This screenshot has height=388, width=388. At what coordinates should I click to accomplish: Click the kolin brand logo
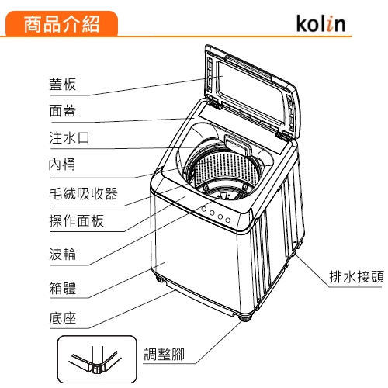(x=320, y=23)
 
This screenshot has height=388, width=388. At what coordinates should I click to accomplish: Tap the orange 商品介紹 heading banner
(x=61, y=23)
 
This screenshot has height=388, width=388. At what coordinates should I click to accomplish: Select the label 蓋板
(x=63, y=85)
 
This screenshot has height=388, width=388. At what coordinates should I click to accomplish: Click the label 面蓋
(x=63, y=111)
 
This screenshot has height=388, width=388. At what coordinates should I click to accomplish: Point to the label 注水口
(x=69, y=137)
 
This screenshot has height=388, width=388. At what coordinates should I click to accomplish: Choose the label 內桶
(x=62, y=165)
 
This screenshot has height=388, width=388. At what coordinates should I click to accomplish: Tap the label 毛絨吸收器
(x=84, y=193)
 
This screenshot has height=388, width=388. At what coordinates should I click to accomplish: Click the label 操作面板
(x=77, y=220)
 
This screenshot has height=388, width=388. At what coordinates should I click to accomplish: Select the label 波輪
(x=63, y=254)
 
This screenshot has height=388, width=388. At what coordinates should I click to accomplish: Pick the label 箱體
(x=63, y=288)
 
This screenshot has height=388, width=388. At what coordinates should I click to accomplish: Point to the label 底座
(x=63, y=318)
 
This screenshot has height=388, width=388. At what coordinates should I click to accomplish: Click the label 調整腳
(x=164, y=354)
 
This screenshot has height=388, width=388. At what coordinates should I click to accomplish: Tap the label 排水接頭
(x=357, y=277)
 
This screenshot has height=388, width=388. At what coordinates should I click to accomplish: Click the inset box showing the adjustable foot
(x=97, y=359)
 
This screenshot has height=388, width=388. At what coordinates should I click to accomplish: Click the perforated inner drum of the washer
(x=225, y=168)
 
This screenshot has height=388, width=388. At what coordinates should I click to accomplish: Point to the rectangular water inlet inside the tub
(x=238, y=146)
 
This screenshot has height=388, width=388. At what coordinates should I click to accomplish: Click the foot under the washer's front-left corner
(x=161, y=279)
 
